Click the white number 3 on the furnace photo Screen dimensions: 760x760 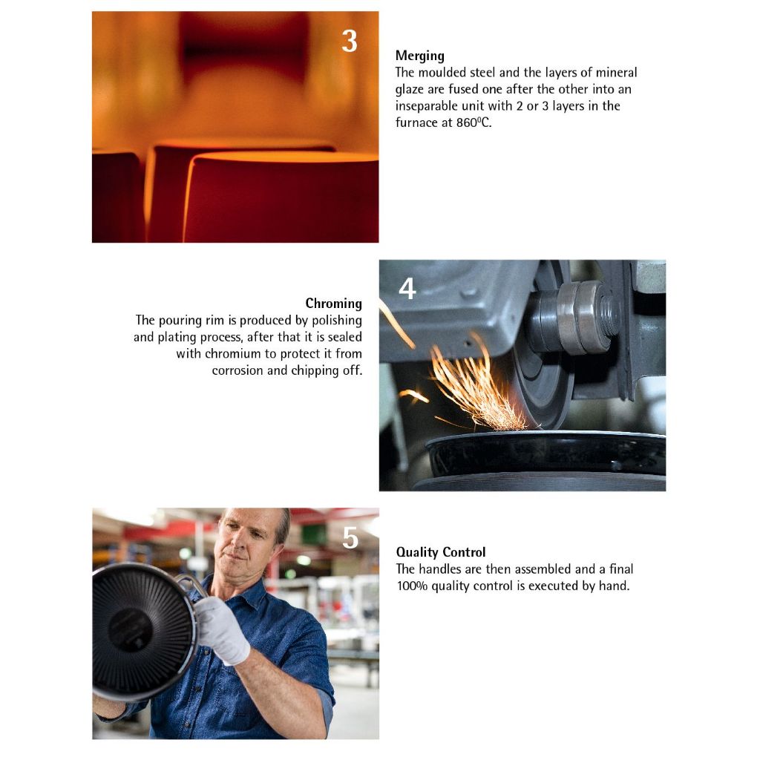pos(349,42)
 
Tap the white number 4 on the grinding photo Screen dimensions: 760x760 pos(407,289)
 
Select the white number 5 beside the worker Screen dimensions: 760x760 pos(350,538)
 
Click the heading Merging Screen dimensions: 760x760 pos(420,56)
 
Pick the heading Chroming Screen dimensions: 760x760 pos(333,304)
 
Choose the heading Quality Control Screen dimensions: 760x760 pos(441,552)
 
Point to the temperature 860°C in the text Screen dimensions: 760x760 pos(473,122)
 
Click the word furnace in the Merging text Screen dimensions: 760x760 pos(416,122)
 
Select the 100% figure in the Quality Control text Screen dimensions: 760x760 pos(412,586)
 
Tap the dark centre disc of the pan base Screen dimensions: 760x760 pos(130,630)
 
